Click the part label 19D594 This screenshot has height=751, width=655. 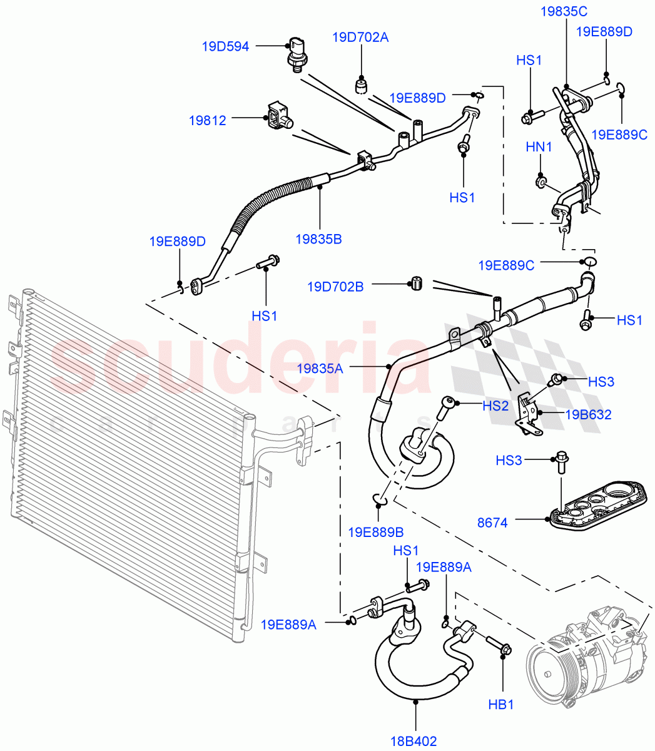coord(225,46)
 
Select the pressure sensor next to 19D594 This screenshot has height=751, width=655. coord(297,55)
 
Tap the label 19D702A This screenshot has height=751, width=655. coord(360,38)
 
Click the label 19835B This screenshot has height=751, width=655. coord(318,239)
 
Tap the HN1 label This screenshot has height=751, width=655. coord(539,147)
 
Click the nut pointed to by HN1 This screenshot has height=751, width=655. coord(541,182)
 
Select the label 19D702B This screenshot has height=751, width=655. coord(335,287)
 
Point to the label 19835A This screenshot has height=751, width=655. coord(320,369)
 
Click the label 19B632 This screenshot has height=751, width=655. coord(588,414)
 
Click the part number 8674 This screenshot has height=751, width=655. coord(492,522)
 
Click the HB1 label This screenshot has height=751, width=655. coord(500,705)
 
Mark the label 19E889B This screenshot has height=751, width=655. coord(375,532)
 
